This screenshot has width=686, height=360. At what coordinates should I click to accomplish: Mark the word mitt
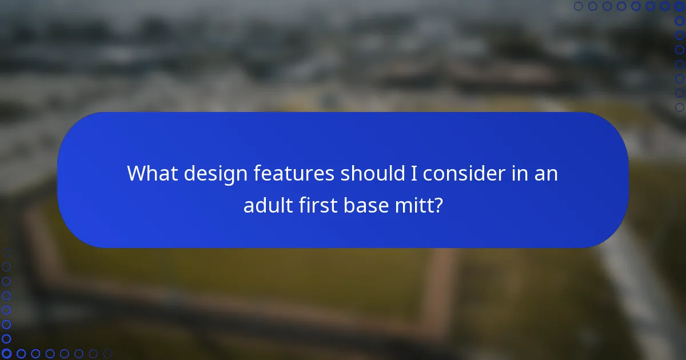(x=416, y=205)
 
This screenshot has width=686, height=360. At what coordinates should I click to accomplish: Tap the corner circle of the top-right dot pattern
(x=679, y=6)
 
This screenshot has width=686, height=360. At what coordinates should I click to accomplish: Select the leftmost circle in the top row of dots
(x=579, y=6)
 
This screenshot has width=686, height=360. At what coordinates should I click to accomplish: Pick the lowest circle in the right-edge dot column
(x=679, y=107)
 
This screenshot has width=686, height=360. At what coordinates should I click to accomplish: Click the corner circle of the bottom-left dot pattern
(x=6, y=354)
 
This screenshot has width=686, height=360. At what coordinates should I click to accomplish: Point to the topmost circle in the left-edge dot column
(x=6, y=253)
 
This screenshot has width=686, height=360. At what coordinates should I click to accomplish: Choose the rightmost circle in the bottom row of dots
(x=107, y=354)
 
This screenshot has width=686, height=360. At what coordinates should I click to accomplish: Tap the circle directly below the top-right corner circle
(x=679, y=21)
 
